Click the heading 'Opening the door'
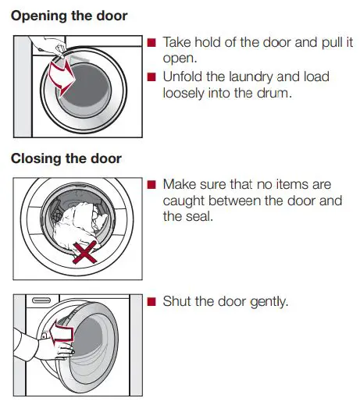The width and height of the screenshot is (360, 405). [x=70, y=15]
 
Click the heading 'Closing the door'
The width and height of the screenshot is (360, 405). [x=66, y=158]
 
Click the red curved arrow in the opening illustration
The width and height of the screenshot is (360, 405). [x=59, y=76]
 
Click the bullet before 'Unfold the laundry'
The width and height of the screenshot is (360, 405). [x=152, y=77]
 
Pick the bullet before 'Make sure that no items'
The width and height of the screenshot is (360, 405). [x=152, y=185]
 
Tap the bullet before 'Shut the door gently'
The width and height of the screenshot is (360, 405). [x=152, y=301]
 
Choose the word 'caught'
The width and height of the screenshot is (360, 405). [x=186, y=201]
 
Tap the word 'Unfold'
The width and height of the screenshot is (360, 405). [x=184, y=77]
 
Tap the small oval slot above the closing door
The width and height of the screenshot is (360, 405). [x=41, y=300]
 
